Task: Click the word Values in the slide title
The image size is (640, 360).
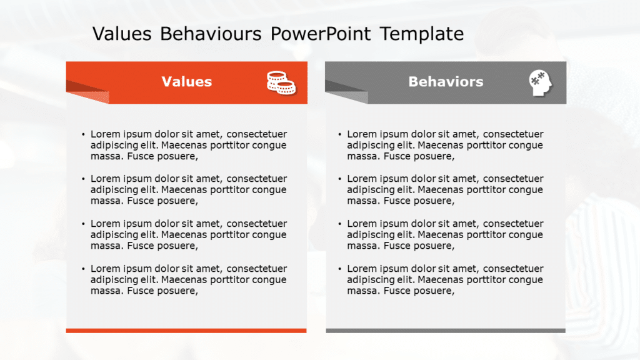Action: pos(122,34)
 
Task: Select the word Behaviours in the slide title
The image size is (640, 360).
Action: pos(211,34)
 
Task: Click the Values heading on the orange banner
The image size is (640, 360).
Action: pos(186,82)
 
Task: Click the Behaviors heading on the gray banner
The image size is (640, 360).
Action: pos(445,82)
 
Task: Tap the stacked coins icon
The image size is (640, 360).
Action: pos(281,82)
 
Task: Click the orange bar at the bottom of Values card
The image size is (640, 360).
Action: pos(186,331)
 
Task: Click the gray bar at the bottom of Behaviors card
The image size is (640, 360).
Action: pos(445,331)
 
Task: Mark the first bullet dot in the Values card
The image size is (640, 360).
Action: pos(83,134)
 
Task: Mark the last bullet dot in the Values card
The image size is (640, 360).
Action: pos(83,269)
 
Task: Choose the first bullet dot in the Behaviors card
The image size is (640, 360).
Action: pos(340,134)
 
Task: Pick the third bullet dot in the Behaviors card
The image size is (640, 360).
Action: pos(340,224)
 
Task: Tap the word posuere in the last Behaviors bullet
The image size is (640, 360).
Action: pos(432,291)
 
